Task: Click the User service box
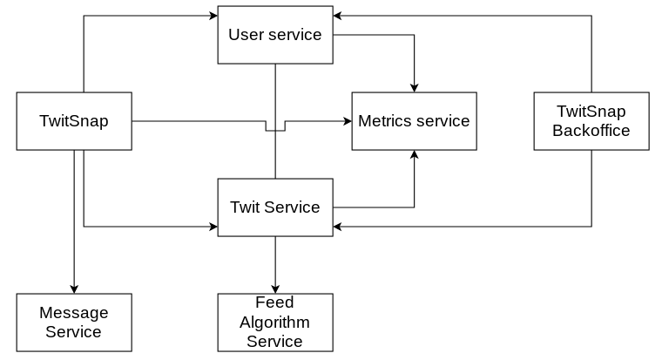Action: point(274,35)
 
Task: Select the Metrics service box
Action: point(414,121)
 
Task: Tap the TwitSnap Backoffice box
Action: point(591,121)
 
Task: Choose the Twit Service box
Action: point(274,207)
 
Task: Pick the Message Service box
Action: point(74,323)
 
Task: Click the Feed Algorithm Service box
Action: point(274,323)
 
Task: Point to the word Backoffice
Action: point(591,131)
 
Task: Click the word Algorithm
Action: point(274,322)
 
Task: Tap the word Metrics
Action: point(384,121)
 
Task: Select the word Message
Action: point(74,312)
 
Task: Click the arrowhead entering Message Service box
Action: point(74,289)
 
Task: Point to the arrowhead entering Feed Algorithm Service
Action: point(275,289)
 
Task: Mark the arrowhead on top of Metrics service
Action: point(414,87)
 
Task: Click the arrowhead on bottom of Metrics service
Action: point(414,155)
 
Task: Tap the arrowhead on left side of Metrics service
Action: point(347,121)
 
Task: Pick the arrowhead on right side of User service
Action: point(338,16)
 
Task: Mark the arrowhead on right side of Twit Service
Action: point(338,227)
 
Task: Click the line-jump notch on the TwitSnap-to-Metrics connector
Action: point(275,130)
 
